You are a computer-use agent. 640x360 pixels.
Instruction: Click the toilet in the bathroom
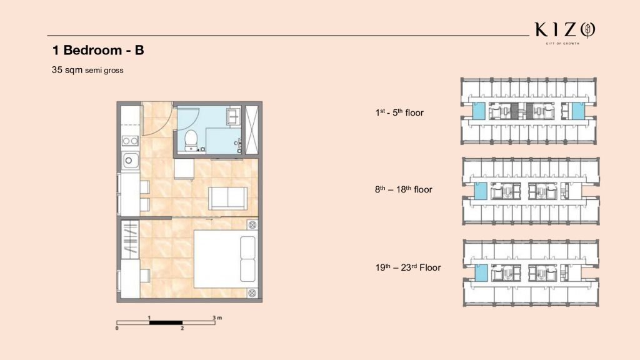point(191,141)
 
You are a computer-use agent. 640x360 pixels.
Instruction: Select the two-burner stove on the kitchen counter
point(130,141)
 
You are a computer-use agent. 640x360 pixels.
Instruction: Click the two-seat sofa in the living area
point(227,198)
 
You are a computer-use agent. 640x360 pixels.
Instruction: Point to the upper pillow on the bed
point(247,247)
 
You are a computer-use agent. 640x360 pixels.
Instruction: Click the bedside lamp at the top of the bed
point(252,225)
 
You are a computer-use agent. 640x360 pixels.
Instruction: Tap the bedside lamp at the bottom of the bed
point(252,292)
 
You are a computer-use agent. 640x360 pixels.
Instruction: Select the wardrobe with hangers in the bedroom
point(130,239)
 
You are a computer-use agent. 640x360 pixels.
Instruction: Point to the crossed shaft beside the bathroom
point(251,130)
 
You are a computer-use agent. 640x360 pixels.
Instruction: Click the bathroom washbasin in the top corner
point(234,116)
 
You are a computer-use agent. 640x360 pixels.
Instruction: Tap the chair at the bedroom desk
point(145,276)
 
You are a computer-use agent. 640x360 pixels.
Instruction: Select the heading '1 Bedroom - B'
point(98,50)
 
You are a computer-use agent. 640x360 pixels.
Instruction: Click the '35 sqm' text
point(67,70)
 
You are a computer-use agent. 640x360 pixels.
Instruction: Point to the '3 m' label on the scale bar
point(217,317)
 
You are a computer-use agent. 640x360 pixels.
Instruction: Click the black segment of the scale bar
point(166,323)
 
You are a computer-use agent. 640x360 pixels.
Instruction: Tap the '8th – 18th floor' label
point(403,189)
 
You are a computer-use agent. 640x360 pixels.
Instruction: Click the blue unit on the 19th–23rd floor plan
point(481,272)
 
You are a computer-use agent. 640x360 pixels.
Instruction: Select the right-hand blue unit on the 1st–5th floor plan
point(578,111)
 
